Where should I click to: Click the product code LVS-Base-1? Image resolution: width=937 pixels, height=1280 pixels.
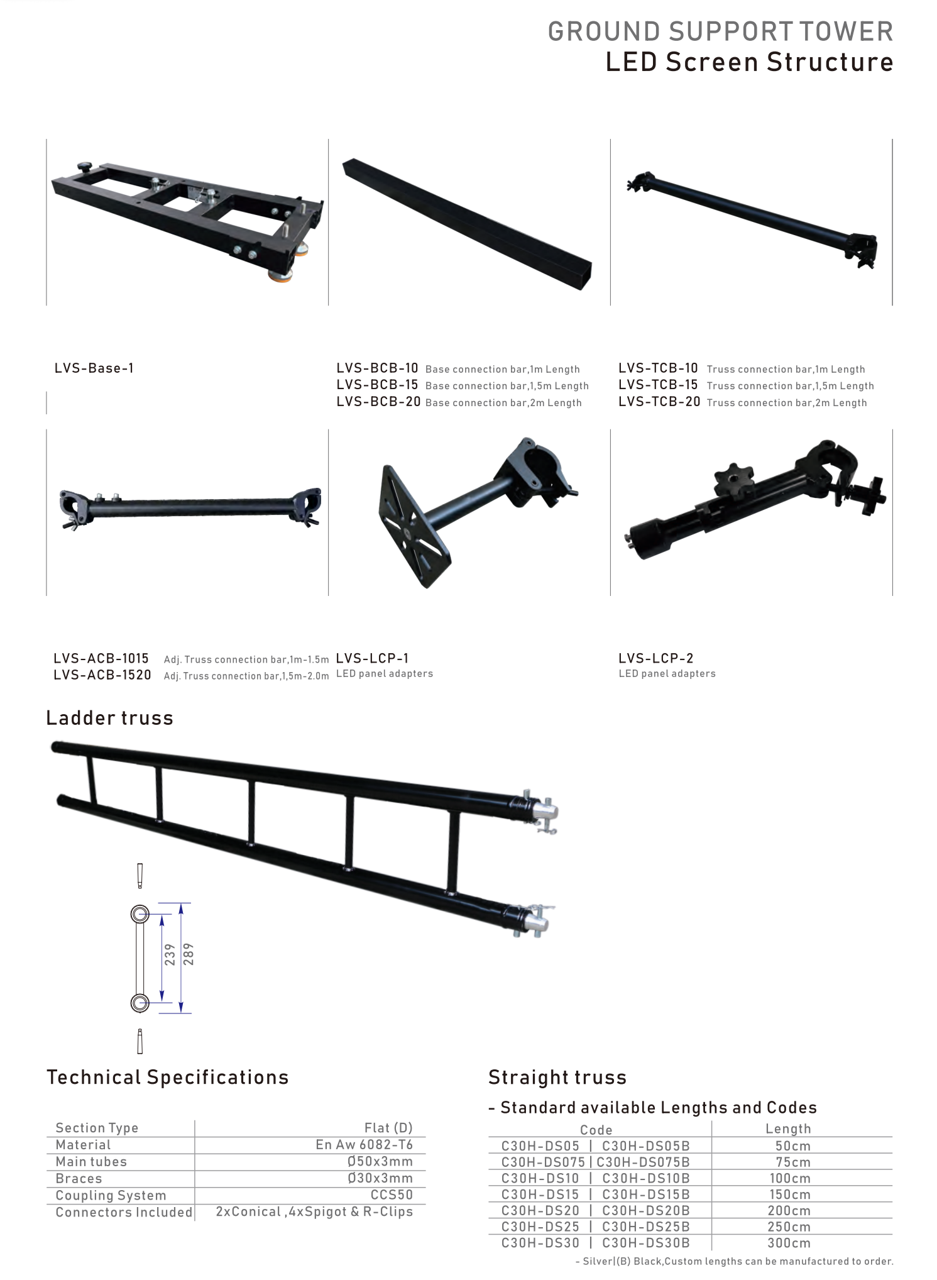point(94,368)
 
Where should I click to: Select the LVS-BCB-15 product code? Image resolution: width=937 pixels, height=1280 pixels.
point(377,385)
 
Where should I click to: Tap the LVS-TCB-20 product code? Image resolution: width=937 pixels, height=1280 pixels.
point(659,402)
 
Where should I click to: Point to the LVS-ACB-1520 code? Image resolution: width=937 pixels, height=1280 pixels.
point(102,675)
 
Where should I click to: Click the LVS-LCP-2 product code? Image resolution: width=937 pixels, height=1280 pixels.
point(656,658)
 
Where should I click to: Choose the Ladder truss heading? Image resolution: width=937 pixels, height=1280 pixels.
point(110,718)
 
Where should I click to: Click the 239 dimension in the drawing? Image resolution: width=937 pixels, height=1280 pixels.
point(170,954)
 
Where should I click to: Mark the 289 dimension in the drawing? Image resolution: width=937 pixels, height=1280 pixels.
point(189,954)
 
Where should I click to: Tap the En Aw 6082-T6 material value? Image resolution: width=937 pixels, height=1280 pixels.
point(364,1145)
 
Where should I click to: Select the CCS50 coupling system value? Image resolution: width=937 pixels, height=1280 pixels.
point(392,1195)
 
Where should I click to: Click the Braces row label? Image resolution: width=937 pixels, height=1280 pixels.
point(79,1179)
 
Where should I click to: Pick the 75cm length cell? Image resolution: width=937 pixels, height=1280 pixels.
point(793,1162)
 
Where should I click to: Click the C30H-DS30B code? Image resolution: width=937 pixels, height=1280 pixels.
point(646,1243)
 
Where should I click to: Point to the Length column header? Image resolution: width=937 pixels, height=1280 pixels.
point(789,1128)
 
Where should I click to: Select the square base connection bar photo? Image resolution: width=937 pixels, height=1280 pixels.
point(467,224)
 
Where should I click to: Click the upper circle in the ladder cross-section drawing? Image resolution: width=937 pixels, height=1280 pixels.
point(140,914)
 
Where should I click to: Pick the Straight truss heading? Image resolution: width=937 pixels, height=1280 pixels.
point(557,1078)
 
